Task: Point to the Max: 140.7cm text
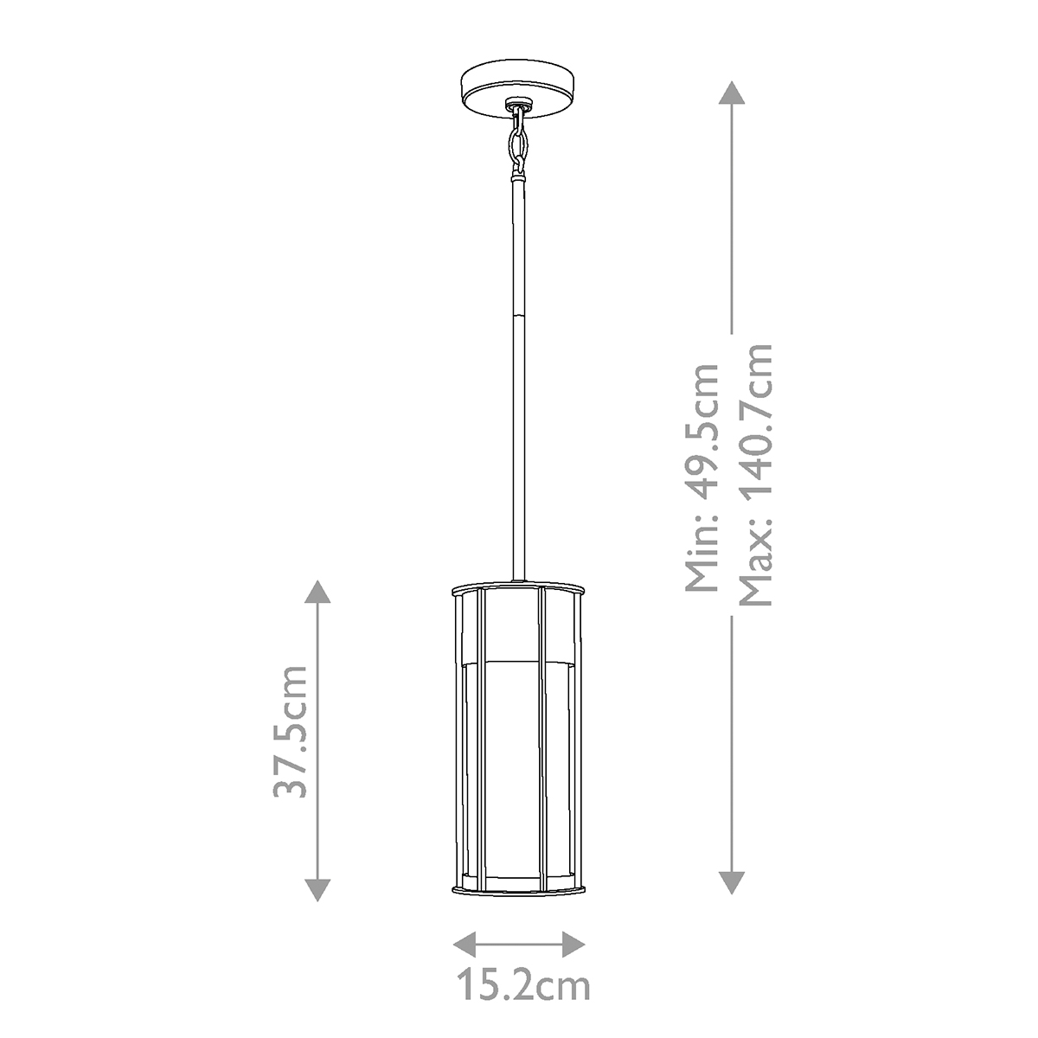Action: coord(752,474)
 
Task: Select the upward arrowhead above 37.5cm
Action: coord(318,592)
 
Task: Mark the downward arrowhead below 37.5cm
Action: coord(318,889)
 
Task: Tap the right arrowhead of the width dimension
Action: coord(573,944)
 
